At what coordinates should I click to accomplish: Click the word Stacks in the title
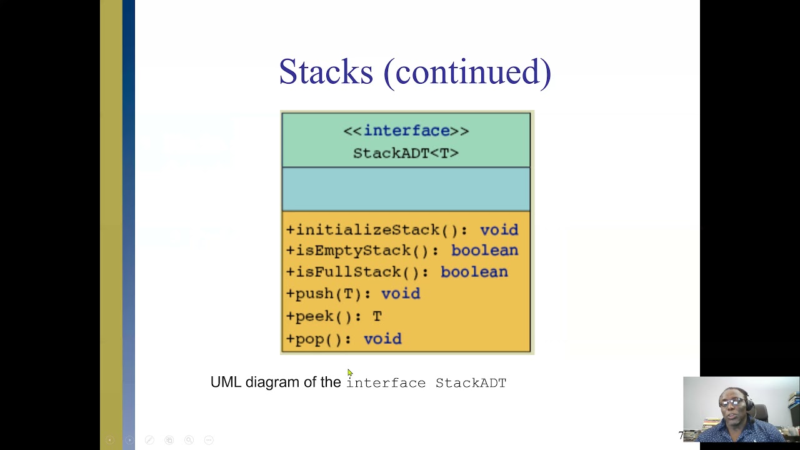coord(326,72)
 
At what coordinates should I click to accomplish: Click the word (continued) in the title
coord(467,72)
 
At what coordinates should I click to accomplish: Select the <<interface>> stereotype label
coord(406,131)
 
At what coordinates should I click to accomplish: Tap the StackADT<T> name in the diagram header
coord(406,153)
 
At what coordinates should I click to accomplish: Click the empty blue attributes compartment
coord(406,189)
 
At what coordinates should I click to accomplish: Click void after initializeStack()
coord(499,230)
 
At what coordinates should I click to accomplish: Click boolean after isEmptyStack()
coord(484,251)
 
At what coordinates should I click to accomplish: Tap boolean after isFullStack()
coord(474,272)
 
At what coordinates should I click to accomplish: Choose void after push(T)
coord(401,294)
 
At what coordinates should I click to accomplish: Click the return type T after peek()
coord(377,316)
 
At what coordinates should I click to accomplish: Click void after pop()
coord(382,339)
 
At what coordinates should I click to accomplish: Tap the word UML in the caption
coord(226,382)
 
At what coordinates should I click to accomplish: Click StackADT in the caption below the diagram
coord(471,382)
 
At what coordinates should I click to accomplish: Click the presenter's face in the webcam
coord(732,404)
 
